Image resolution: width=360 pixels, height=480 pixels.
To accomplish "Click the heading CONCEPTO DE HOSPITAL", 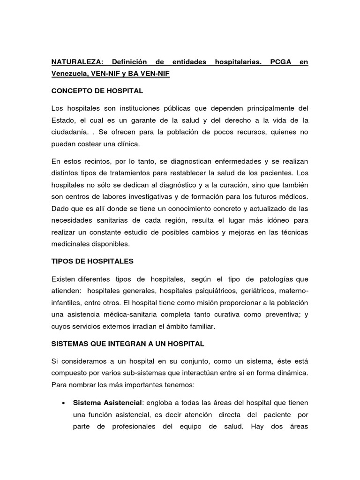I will (97, 90).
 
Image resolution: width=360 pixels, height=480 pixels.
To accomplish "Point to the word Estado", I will (64, 120).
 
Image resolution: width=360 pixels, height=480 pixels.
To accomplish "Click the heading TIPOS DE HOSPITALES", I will (92, 261).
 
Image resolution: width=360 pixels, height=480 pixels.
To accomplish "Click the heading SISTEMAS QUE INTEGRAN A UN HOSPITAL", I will (128, 344).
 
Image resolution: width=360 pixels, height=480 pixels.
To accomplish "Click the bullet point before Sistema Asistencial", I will (63, 403).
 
